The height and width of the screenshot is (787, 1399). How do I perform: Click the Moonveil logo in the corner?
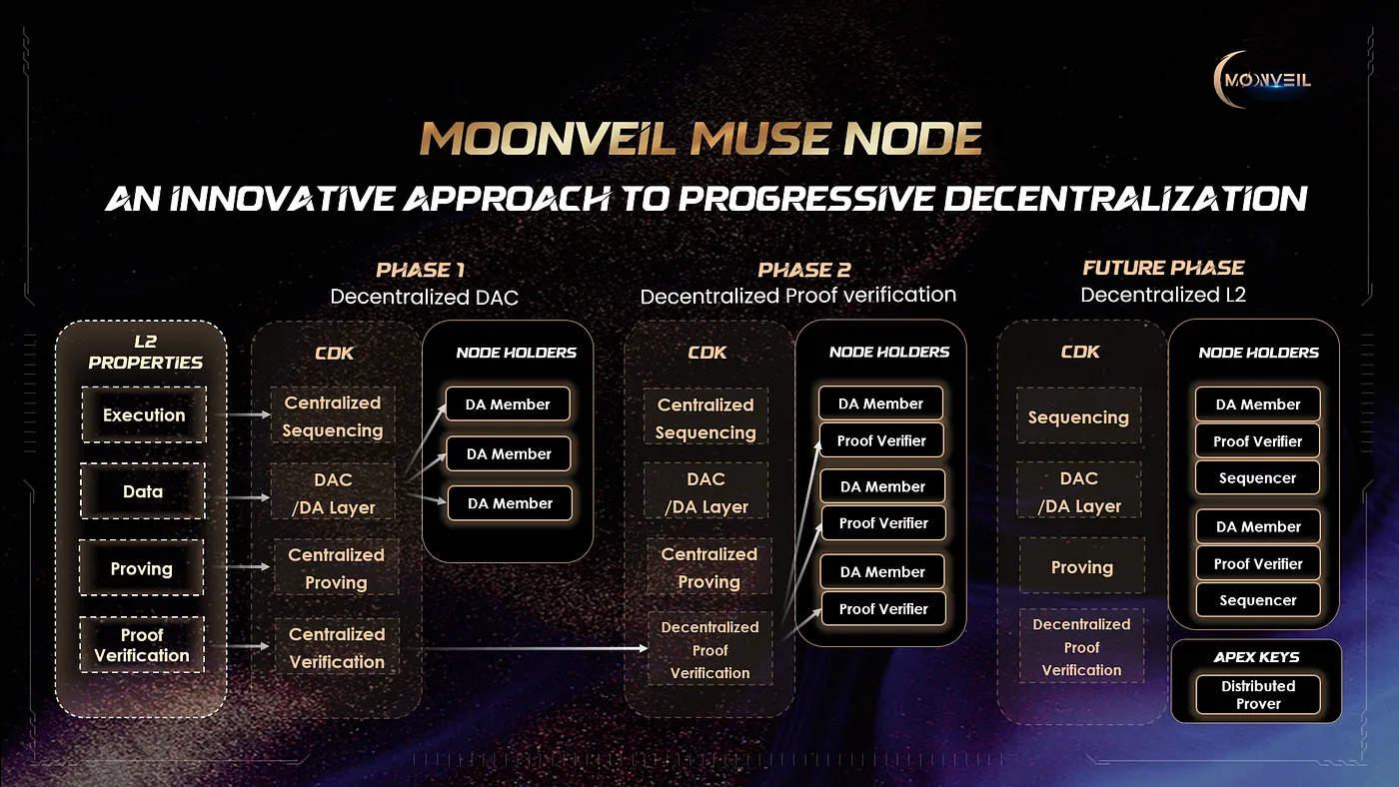coord(1262,79)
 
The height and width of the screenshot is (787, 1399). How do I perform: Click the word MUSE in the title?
coord(757,139)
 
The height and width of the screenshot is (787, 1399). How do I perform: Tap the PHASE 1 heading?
coord(421,270)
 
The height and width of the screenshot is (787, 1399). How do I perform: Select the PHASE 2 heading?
coord(804,270)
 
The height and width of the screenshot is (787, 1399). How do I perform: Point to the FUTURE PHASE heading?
coord(1163,268)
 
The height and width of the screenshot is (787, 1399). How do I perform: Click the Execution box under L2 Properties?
coord(144,415)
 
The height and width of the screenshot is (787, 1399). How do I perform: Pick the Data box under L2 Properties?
coord(142,491)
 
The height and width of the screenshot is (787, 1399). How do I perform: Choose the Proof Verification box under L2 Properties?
coord(142,645)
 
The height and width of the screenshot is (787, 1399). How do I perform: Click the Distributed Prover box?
coord(1258,695)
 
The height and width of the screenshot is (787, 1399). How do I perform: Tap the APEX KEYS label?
coord(1257,657)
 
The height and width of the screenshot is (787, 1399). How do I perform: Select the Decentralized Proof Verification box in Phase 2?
coord(710,649)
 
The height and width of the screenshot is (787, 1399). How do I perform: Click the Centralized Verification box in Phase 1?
coord(338,647)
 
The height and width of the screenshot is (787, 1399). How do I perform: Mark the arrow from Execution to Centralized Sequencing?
coord(249,414)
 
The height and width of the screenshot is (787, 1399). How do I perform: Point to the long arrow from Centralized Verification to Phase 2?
coord(536,648)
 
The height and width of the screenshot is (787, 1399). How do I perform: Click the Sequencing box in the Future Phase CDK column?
coord(1078,416)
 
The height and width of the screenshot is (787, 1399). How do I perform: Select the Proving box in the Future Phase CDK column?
coord(1082,566)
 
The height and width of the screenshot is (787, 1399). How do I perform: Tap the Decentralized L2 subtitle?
coord(1163,295)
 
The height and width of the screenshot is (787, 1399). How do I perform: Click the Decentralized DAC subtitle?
coord(424,297)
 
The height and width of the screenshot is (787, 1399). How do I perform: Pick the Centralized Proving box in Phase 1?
coord(336,568)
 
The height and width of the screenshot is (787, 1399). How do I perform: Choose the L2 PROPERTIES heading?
coord(146,352)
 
